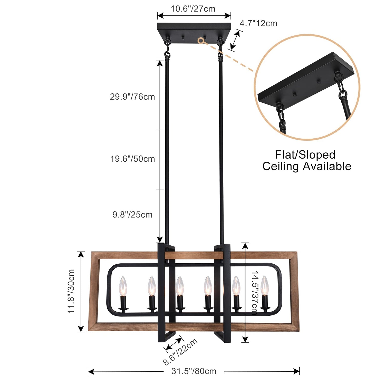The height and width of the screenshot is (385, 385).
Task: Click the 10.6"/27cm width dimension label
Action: [x=193, y=9]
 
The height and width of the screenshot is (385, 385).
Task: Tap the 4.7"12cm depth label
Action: [x=258, y=23]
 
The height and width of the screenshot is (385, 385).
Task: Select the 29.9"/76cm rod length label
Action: [x=132, y=97]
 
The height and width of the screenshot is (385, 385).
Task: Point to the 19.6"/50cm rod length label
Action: [x=132, y=159]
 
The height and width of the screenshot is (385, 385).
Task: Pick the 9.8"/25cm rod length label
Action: [x=132, y=215]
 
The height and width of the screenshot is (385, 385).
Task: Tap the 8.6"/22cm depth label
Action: [x=180, y=352]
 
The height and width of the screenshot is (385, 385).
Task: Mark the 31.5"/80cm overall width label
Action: [x=194, y=371]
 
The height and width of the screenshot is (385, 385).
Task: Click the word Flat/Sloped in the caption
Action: [x=305, y=155]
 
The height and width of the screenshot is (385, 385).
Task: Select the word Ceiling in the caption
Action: [x=281, y=167]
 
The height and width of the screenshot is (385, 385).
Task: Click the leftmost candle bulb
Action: [x=123, y=286]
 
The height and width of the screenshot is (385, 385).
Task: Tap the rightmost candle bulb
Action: [x=265, y=285]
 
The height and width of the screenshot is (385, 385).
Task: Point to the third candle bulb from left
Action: [x=180, y=286]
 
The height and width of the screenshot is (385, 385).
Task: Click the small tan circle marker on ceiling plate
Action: [x=201, y=41]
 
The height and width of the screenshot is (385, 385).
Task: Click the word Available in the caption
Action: [x=327, y=167]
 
